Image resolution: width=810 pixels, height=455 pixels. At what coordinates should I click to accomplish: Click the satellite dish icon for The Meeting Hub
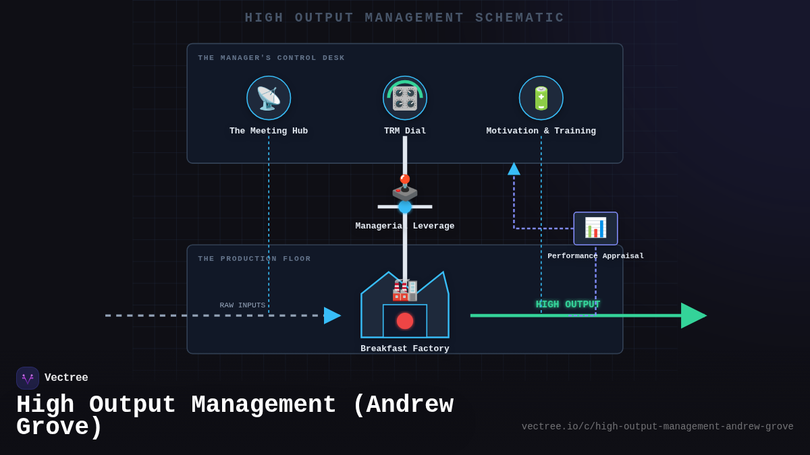point(269,98)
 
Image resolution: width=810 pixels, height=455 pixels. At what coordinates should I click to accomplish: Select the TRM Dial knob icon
point(405,98)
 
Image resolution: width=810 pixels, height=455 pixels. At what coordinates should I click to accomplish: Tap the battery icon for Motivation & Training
point(541,98)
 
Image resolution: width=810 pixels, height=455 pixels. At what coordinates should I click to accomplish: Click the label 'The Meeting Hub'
point(269,131)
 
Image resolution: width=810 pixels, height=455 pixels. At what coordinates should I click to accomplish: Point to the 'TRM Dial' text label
point(405,131)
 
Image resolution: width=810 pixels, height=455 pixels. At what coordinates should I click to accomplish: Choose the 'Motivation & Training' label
point(541,131)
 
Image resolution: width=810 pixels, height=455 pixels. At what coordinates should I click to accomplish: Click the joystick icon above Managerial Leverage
point(405,188)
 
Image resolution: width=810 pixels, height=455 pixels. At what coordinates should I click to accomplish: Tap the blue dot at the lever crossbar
point(405,207)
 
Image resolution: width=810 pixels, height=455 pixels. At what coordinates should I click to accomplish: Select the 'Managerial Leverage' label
point(405,226)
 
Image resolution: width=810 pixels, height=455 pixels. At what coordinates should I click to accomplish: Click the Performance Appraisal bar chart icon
point(595,228)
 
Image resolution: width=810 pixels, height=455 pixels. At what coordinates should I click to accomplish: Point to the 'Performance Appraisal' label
point(595,256)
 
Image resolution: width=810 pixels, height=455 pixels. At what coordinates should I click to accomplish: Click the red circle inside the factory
point(405,321)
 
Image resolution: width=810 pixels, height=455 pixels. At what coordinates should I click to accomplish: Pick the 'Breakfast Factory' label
point(405,348)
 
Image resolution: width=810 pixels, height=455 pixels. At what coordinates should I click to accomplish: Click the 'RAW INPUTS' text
point(242,305)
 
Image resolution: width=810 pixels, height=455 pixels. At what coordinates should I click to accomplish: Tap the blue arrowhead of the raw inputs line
point(331,315)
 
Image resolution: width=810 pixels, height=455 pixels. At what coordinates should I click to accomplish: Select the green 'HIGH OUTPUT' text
point(568,305)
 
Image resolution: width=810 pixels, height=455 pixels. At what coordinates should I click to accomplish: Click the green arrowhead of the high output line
point(693,315)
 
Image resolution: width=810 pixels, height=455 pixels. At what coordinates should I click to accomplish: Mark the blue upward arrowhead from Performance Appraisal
point(514,169)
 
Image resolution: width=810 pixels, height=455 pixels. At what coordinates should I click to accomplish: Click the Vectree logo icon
point(28,378)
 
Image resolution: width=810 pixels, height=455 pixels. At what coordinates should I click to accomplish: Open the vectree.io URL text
point(657,427)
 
